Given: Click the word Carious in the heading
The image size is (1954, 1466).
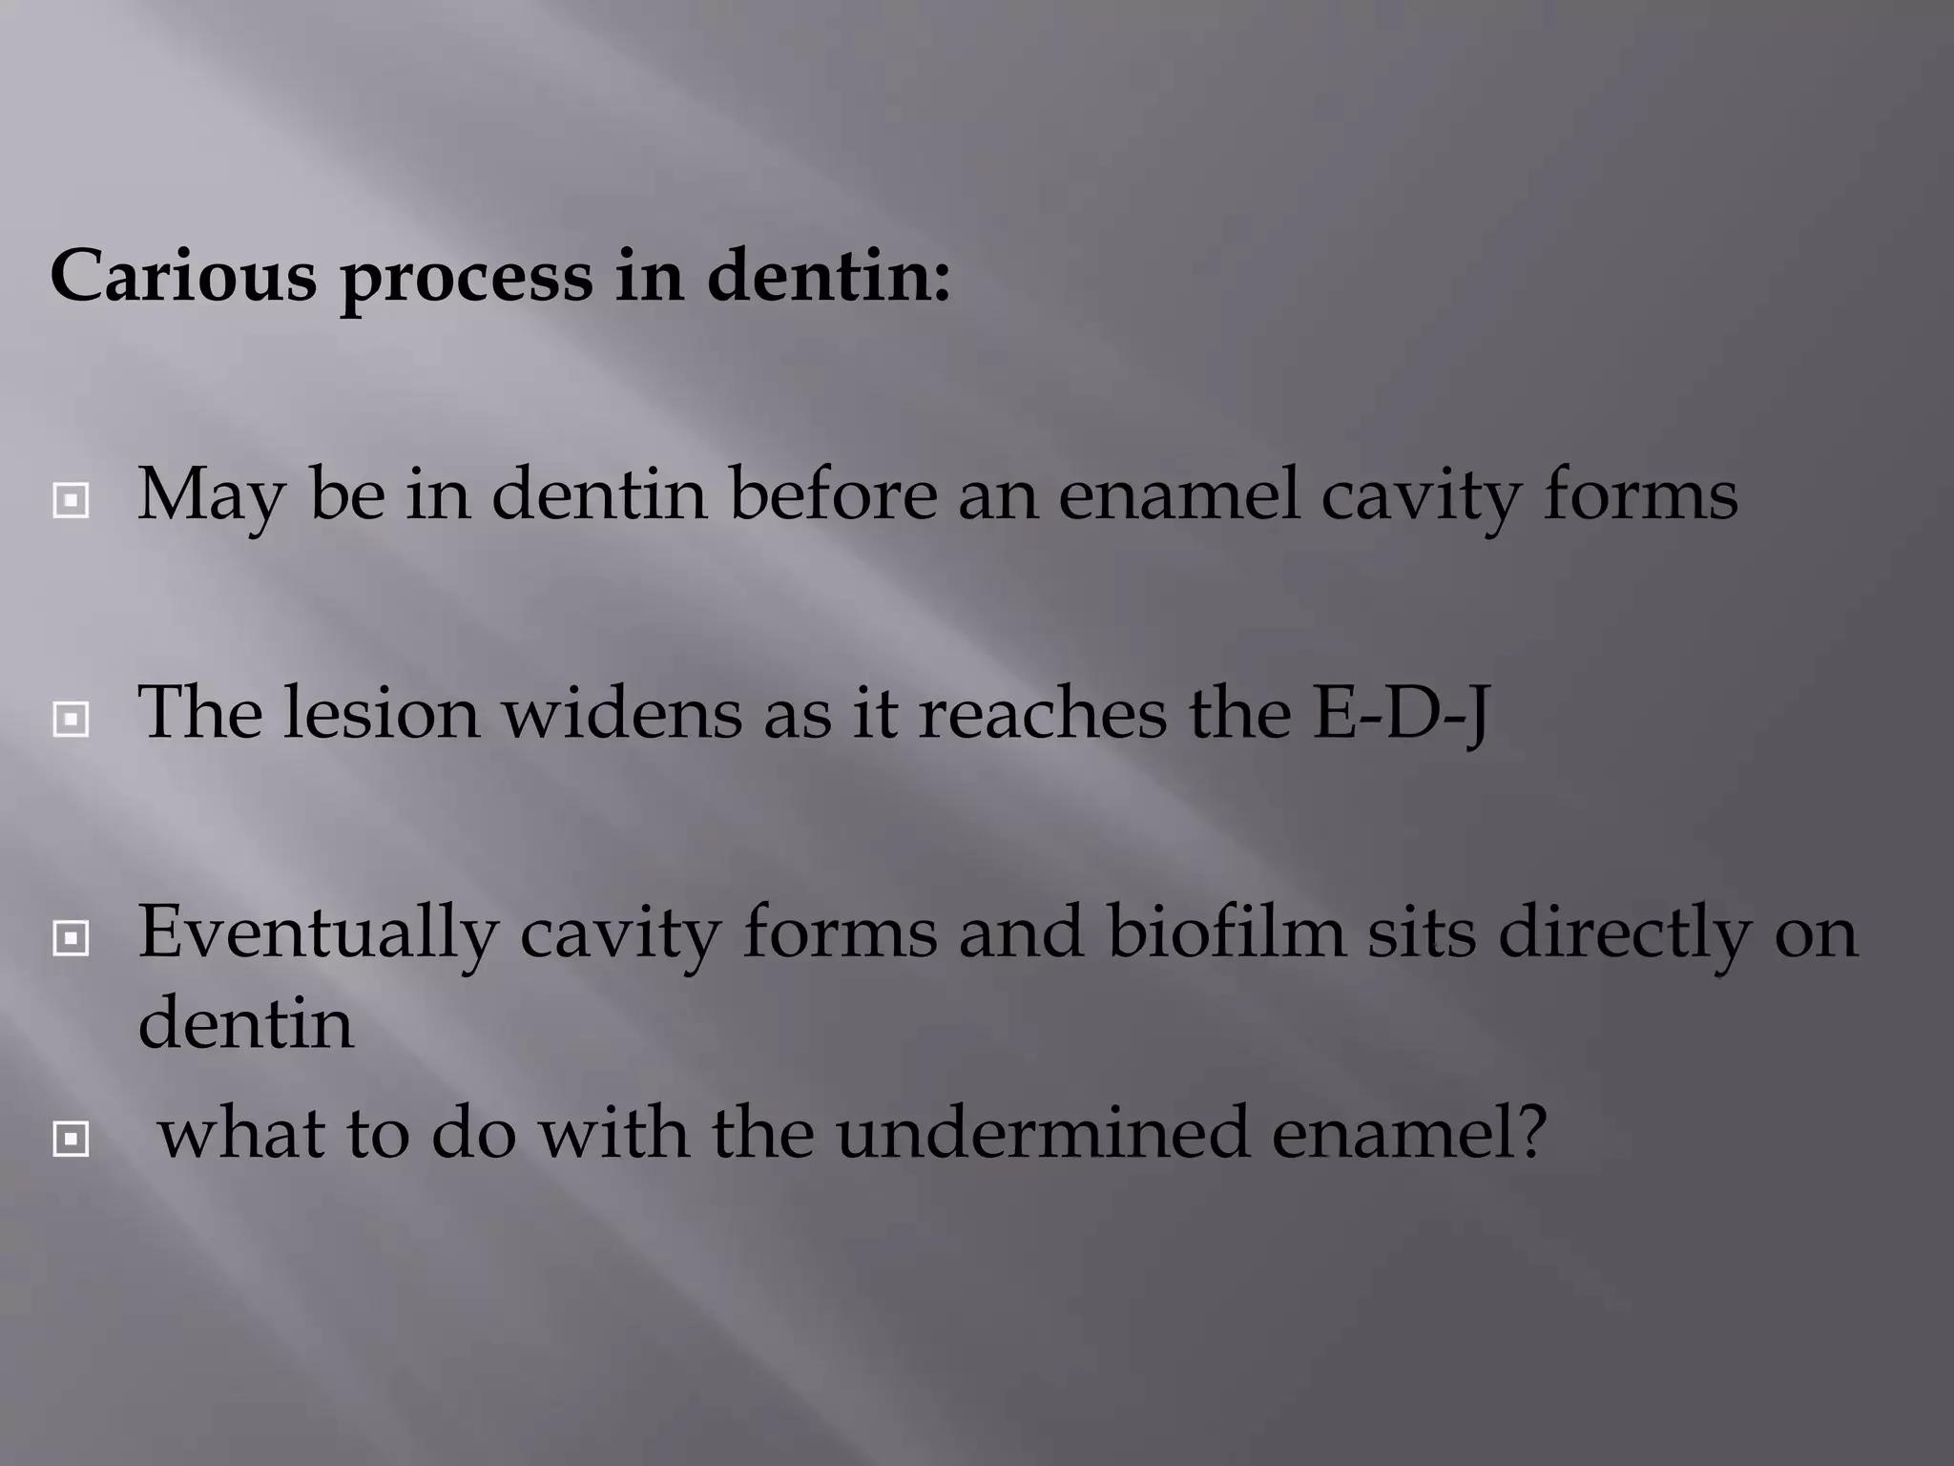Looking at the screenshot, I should [x=183, y=276].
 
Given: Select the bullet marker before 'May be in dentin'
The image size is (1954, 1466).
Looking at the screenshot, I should [x=72, y=499].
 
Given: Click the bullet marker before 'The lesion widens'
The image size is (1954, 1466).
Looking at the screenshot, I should [x=72, y=719].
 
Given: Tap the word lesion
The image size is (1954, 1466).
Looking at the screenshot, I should [x=381, y=713].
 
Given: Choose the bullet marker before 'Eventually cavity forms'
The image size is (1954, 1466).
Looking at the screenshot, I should [x=72, y=938].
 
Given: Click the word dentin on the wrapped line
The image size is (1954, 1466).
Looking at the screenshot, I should [x=246, y=1022].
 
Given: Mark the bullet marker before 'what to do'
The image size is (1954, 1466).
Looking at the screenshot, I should [x=72, y=1139].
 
